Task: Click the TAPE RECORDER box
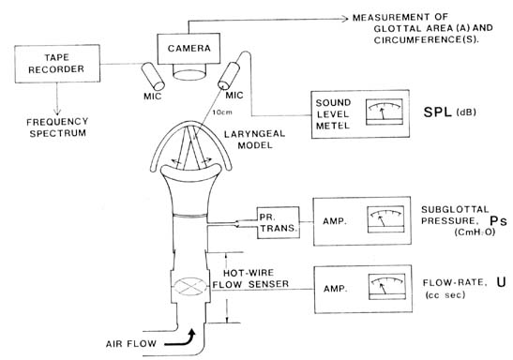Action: (57, 64)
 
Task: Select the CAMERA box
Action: (189, 49)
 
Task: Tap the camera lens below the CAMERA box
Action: (189, 72)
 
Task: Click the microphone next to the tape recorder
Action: (153, 76)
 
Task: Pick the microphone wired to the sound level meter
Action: (229, 75)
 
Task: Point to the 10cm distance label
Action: (222, 112)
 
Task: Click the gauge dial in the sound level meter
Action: (385, 112)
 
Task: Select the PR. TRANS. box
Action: (279, 222)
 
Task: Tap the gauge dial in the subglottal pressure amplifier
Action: (385, 219)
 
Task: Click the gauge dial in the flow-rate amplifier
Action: (387, 287)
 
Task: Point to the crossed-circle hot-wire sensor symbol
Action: (190, 287)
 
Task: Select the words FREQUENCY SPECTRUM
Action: (57, 127)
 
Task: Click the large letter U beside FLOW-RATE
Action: (501, 282)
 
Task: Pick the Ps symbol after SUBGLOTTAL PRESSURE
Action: (498, 221)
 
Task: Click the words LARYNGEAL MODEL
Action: (254, 140)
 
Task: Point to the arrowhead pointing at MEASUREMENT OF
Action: (345, 19)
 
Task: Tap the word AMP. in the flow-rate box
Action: (336, 289)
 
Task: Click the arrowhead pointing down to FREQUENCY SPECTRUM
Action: (57, 112)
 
